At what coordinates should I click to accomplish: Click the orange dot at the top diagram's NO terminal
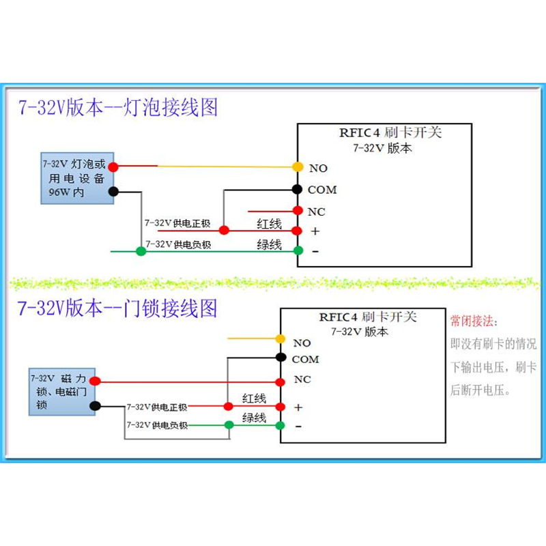click(x=298, y=167)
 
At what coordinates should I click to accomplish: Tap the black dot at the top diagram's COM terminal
click(x=298, y=189)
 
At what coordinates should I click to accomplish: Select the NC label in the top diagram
click(x=317, y=212)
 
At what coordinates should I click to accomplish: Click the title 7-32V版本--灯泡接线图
click(x=118, y=108)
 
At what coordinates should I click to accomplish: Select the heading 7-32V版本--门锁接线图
click(x=118, y=308)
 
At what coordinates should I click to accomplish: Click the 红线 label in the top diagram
click(x=269, y=224)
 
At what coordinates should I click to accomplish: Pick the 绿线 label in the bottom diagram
click(x=254, y=418)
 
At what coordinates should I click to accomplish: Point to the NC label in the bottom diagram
click(x=302, y=379)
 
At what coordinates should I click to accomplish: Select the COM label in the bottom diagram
click(x=305, y=360)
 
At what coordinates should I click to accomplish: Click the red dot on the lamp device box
click(x=113, y=167)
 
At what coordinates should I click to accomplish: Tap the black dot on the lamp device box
click(x=113, y=192)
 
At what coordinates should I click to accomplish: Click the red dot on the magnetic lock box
click(x=95, y=381)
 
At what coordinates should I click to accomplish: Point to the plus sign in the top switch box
click(x=315, y=231)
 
